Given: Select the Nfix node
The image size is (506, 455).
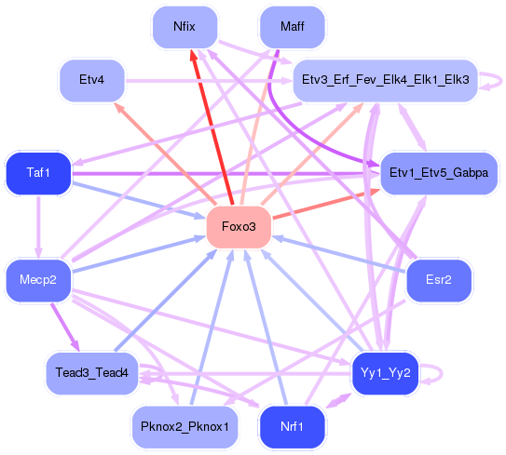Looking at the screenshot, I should click(x=185, y=26).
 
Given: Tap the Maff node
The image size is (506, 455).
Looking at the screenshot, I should click(x=292, y=26).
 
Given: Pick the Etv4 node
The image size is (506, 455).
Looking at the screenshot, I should click(x=91, y=80).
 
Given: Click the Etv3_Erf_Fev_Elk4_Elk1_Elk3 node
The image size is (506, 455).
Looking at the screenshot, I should click(x=386, y=80).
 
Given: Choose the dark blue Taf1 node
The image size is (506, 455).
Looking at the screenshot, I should click(x=38, y=172).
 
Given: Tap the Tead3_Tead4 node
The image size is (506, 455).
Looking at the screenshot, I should click(x=91, y=373).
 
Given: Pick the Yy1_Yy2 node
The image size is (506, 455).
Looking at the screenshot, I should click(x=386, y=373).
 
